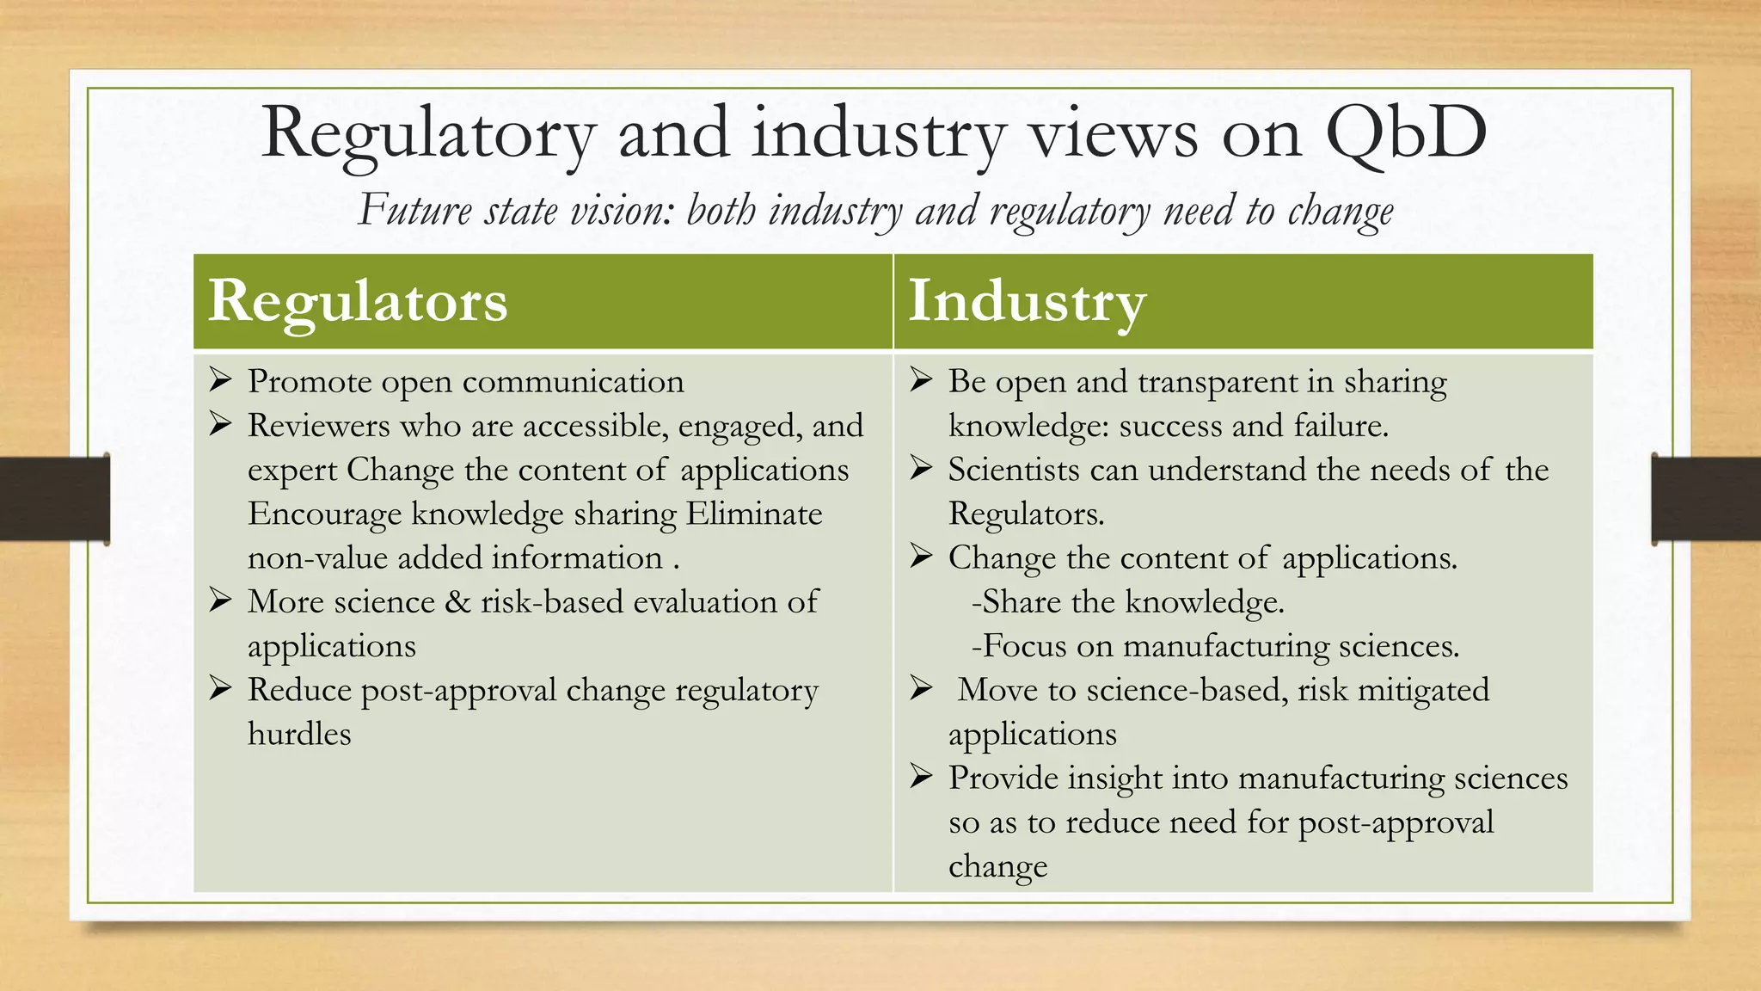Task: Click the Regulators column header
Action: coord(358,301)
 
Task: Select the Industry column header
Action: coord(1028,301)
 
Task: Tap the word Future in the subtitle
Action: coord(415,210)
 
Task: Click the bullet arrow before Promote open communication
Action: coord(221,380)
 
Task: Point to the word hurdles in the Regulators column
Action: coord(299,734)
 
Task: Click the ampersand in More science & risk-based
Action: coord(457,602)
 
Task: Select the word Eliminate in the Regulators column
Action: coord(754,514)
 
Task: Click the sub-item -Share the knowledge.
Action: coord(1127,602)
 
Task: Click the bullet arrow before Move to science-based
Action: coord(922,689)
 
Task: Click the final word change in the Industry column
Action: coord(997,866)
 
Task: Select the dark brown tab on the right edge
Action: coord(1706,499)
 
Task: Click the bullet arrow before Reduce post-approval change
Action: coord(221,689)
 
